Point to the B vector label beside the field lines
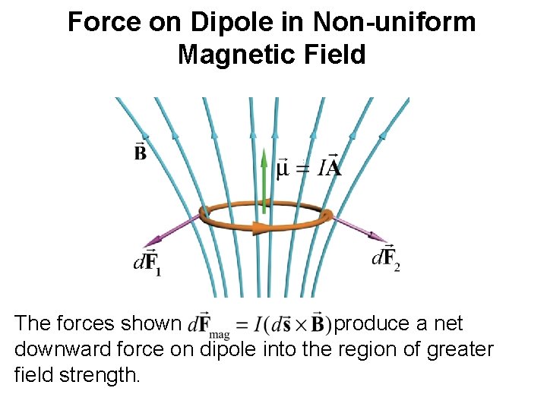point(141,151)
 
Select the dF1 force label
point(147,263)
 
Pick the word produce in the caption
point(373,324)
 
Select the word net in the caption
point(448,324)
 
